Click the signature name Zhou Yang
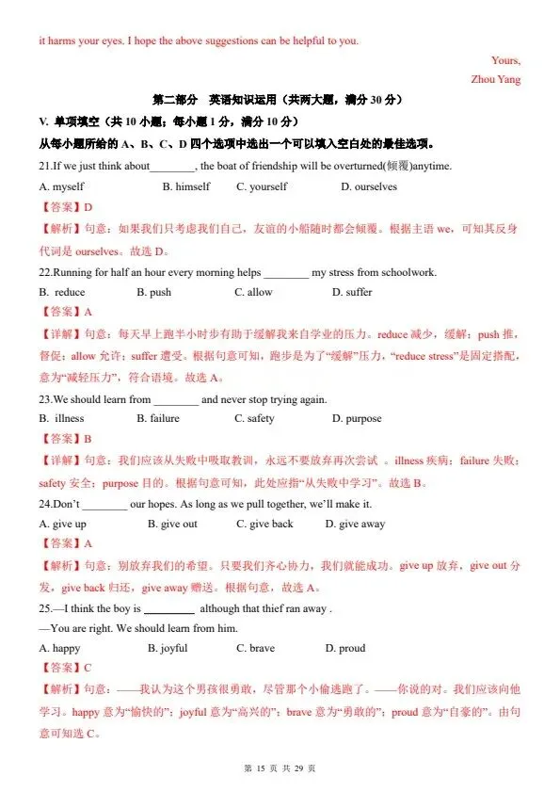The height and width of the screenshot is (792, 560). [495, 80]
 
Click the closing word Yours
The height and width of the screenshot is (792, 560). [504, 61]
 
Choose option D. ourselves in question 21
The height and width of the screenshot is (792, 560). [369, 186]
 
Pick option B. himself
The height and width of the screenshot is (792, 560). [186, 186]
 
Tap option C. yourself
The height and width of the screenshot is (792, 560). [262, 186]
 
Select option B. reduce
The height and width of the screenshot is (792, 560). [62, 292]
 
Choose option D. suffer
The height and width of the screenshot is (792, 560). [352, 292]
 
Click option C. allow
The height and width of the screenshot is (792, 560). [253, 292]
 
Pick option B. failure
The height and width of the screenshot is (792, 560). [158, 418]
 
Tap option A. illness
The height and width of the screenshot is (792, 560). [62, 418]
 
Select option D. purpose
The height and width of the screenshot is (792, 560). [357, 418]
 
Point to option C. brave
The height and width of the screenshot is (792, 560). [256, 648]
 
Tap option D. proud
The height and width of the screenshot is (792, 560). [345, 648]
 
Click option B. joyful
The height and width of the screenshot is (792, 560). [168, 648]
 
